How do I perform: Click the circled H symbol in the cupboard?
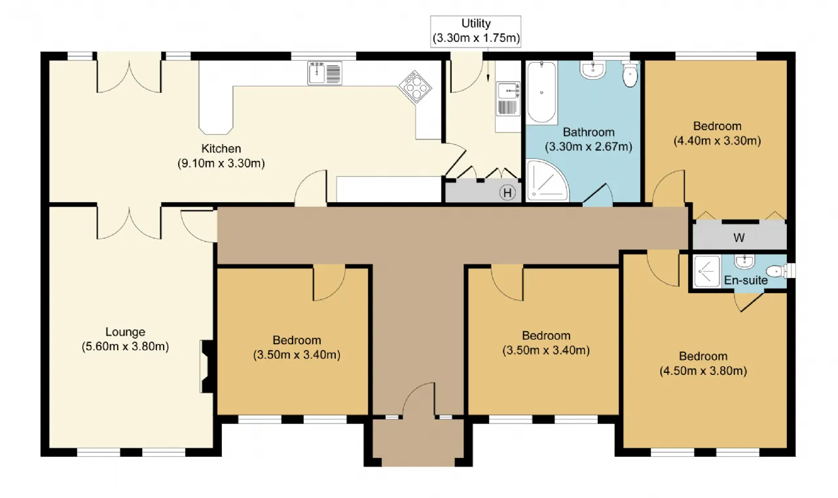pyautogui.click(x=507, y=193)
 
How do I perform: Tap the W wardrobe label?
pyautogui.click(x=738, y=238)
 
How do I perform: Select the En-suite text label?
pyautogui.click(x=746, y=280)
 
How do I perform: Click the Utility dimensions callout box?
pyautogui.click(x=475, y=31)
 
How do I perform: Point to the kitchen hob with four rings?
pyautogui.click(x=415, y=87)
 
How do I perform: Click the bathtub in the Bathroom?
pyautogui.click(x=541, y=92)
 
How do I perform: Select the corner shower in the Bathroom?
pyautogui.click(x=547, y=180)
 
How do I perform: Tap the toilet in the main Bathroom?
pyautogui.click(x=630, y=74)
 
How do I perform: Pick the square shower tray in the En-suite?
pyautogui.click(x=706, y=271)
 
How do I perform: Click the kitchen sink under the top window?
pyautogui.click(x=325, y=73)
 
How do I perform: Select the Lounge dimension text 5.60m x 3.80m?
pyautogui.click(x=125, y=347)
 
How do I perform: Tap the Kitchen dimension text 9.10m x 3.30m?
pyautogui.click(x=221, y=164)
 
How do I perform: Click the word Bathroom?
pyautogui.click(x=589, y=132)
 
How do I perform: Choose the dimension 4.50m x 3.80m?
pyautogui.click(x=703, y=371)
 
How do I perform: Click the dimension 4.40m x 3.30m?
pyautogui.click(x=717, y=141)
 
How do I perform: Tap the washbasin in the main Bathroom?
pyautogui.click(x=592, y=70)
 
